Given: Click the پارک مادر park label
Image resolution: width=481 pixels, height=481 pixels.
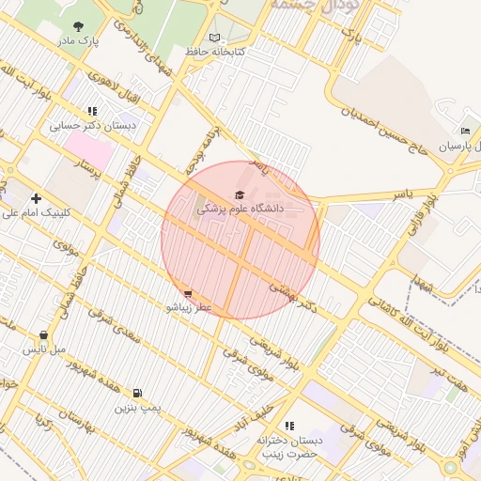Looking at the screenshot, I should click(x=78, y=41).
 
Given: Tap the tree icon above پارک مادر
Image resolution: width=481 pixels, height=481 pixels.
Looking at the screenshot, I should click(x=77, y=27).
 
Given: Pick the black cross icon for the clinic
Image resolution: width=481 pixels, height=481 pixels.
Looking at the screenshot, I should click(x=36, y=198).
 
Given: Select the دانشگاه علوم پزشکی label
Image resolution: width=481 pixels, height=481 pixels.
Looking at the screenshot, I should click(x=240, y=208).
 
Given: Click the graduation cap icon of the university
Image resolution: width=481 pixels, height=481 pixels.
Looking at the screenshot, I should click(x=240, y=194).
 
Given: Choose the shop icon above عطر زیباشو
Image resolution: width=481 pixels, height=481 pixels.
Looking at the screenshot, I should click(x=189, y=293).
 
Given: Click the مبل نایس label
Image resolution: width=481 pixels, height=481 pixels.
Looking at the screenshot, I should click(x=44, y=349).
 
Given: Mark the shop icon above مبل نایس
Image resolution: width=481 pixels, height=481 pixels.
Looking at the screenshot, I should click(x=44, y=334).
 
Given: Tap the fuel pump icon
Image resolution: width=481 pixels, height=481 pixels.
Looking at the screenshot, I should click(x=139, y=394).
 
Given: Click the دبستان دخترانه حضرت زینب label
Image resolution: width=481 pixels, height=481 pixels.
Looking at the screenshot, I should click(x=290, y=447).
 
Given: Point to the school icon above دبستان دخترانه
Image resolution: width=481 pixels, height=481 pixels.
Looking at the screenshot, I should click(x=289, y=426).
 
